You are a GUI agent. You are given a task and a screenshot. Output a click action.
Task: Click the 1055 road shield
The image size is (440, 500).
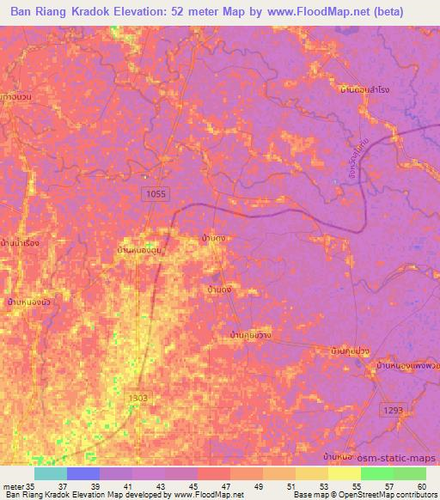coord(156,195)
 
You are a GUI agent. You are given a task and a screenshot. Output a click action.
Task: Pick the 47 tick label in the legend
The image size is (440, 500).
coord(224,485)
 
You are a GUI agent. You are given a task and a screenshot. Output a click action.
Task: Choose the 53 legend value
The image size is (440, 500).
coord(322,485)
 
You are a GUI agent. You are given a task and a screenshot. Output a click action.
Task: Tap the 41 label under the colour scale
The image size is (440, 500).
coord(126,485)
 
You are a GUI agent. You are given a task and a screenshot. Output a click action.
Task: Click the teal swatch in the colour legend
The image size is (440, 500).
coord(50,473)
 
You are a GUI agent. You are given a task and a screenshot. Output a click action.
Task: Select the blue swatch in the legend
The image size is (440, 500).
coord(82,473)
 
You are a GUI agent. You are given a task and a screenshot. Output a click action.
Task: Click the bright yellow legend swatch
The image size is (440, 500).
coord(344,473)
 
